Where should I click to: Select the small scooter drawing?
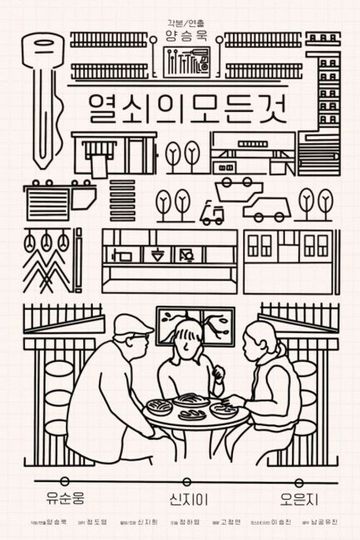(213, 211)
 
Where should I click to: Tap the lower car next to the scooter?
(264, 210)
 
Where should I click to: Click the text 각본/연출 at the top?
(180, 15)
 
